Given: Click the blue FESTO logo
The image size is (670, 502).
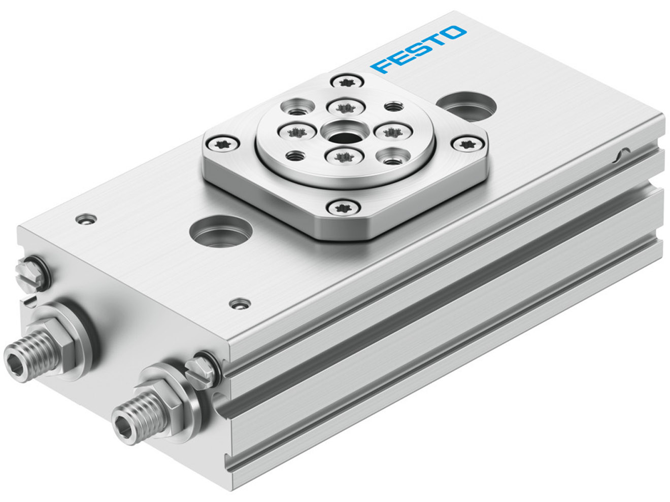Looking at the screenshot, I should pos(418,49).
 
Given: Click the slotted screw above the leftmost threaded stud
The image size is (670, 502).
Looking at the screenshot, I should pos(32,274).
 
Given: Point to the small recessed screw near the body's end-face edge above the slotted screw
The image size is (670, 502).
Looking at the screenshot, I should pos(86,219).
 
